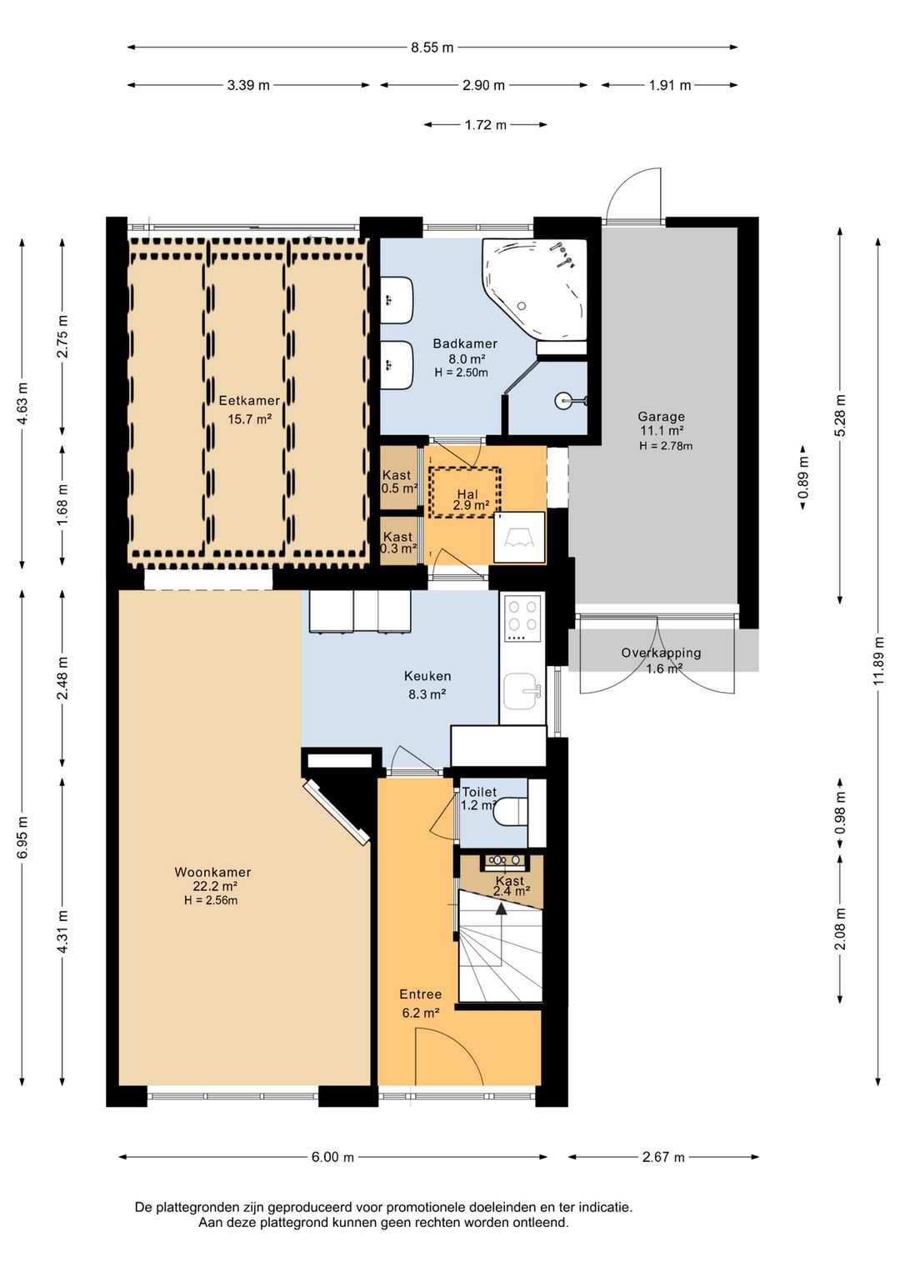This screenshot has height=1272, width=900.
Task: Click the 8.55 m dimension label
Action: [x=432, y=48]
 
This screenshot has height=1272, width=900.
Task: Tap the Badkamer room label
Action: [x=465, y=343]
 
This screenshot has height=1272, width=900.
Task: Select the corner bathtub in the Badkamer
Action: [x=533, y=289]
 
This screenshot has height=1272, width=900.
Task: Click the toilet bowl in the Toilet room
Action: [x=510, y=812]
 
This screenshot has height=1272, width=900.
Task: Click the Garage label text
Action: [x=661, y=416]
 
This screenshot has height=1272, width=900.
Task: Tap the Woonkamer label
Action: [x=213, y=872]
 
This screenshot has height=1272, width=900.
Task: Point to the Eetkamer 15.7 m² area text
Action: [x=250, y=419]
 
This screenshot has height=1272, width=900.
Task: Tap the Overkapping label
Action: [x=661, y=653]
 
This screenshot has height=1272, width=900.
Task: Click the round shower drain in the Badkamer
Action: [x=561, y=400]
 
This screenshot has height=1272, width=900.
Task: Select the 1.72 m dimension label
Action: [x=486, y=125]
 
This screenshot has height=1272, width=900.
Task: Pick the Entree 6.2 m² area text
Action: [x=420, y=1013]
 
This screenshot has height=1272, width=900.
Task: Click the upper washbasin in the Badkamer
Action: [x=397, y=300]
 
